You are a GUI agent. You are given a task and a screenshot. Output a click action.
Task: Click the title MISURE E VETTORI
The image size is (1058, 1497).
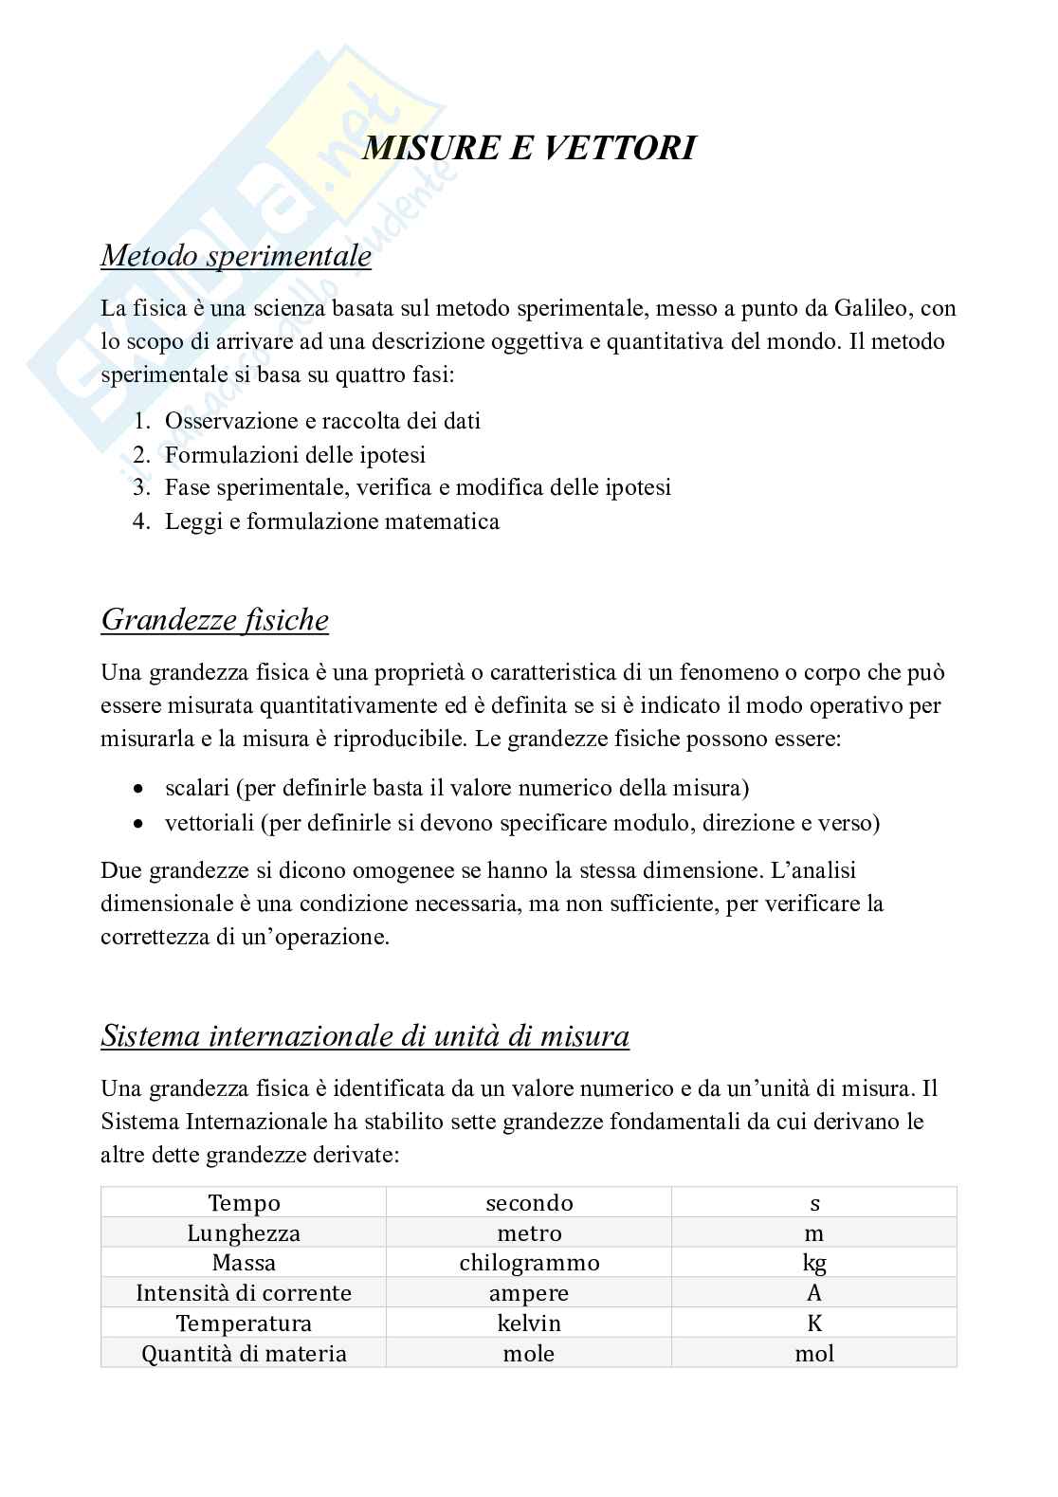click(529, 148)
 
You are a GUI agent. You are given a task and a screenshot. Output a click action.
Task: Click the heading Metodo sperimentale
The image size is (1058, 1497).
click(236, 256)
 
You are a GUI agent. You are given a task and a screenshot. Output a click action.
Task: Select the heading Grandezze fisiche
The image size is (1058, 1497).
click(214, 620)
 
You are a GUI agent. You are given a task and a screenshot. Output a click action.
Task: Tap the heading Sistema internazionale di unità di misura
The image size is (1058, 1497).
click(365, 1036)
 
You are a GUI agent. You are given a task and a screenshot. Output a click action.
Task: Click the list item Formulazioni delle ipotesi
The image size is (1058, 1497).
click(295, 454)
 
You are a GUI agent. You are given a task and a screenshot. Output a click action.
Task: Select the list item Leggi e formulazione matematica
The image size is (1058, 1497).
click(332, 520)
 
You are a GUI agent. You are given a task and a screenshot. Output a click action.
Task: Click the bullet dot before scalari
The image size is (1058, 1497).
click(139, 788)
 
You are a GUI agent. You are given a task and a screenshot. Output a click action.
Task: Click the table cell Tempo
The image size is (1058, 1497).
click(244, 1203)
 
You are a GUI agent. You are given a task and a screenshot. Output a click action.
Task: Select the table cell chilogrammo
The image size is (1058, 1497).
click(529, 1263)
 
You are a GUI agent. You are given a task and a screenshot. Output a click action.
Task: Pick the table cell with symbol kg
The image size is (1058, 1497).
click(813, 1263)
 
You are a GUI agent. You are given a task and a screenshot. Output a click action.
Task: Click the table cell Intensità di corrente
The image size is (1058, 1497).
click(244, 1293)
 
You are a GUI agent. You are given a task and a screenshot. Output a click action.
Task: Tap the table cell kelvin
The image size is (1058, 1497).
click(529, 1324)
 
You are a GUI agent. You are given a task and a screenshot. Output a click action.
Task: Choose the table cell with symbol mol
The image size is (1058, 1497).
click(813, 1354)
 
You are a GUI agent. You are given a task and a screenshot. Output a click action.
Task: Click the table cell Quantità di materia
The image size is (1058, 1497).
click(244, 1354)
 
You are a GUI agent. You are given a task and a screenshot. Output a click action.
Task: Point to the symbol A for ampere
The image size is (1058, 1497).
click(813, 1293)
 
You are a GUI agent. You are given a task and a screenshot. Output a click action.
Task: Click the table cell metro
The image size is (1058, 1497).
click(529, 1233)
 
